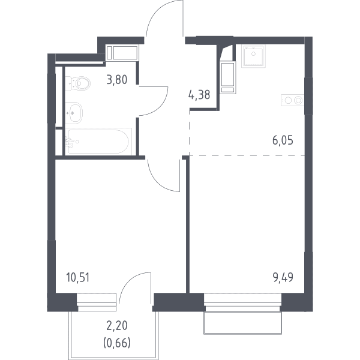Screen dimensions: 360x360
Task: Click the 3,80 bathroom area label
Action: coord(117,80)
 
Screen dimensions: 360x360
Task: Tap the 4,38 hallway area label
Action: coord(199,95)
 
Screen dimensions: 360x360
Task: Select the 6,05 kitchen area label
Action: coord(283,140)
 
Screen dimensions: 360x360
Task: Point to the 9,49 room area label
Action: coord(283,277)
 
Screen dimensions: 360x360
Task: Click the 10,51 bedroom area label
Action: coord(77,277)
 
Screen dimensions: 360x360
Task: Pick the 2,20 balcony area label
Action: coord(117,326)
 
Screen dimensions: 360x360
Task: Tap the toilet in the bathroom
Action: coord(77,83)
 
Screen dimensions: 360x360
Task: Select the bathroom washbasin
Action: coord(74,113)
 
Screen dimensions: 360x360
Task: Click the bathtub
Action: coord(98,142)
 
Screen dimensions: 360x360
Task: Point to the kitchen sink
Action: coord(253,56)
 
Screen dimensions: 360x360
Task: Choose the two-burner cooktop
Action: coord(293,100)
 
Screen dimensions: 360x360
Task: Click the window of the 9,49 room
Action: coord(242,302)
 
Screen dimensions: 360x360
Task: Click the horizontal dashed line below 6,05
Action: coord(247,155)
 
